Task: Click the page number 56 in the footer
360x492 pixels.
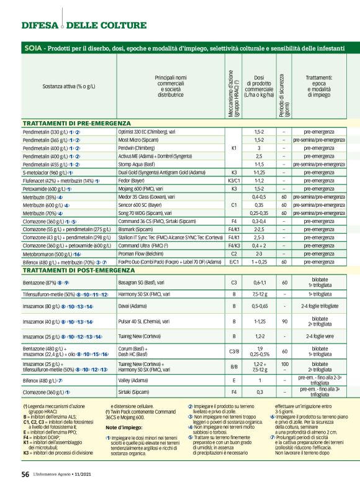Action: tap(25, 474)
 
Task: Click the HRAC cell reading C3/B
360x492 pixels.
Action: tap(234, 351)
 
